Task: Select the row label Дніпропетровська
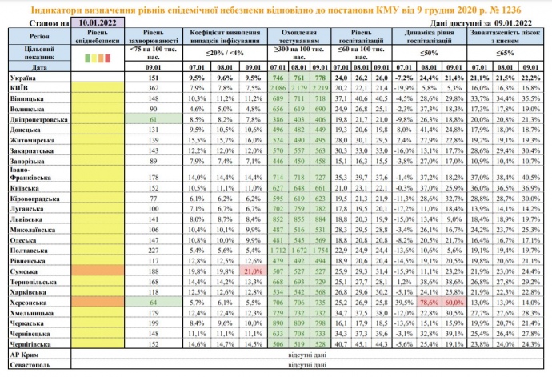click(38, 118)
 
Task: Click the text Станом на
click(38, 26)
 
